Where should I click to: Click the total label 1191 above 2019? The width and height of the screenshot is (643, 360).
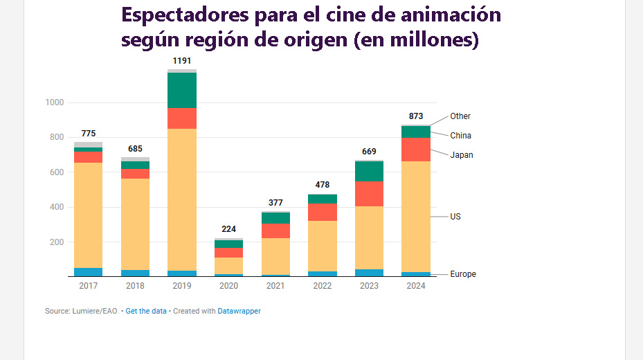[182, 61]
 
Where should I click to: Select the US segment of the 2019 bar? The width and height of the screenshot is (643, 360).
[182, 199]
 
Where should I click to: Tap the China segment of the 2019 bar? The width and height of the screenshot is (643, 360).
[182, 90]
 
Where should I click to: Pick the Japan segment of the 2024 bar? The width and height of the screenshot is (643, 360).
[416, 150]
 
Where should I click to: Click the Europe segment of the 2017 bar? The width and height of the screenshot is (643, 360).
[88, 272]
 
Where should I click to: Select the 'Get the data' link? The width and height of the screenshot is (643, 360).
[146, 312]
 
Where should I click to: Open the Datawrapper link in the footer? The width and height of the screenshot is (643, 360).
[239, 312]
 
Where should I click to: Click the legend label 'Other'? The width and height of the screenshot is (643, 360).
[460, 116]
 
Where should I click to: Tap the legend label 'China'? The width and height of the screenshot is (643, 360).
[461, 136]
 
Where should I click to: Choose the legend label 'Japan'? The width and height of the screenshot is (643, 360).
[462, 155]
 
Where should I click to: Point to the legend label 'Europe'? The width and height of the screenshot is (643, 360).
[463, 274]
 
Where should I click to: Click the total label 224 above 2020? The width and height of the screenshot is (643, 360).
[228, 229]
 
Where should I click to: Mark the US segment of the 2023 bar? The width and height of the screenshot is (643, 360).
[369, 237]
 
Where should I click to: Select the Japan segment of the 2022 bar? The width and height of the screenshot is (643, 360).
[322, 212]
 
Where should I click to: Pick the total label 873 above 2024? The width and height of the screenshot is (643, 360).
[416, 116]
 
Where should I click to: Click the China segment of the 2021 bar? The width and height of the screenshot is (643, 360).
[275, 218]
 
